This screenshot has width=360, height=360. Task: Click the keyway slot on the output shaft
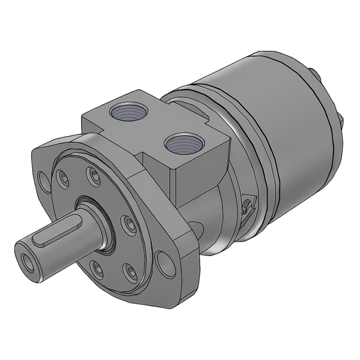50,239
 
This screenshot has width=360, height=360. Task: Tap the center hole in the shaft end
27,260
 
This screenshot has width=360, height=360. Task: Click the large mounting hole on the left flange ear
43,178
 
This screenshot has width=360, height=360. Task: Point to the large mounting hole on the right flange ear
163,261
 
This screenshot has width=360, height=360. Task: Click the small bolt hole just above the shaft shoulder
92,174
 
